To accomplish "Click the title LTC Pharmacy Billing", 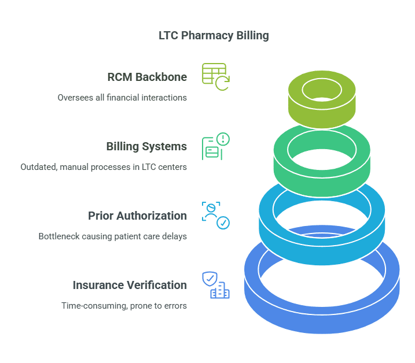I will [214, 35].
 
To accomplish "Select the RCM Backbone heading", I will [147, 77].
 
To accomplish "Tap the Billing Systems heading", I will [146, 146].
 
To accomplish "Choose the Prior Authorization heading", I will [137, 216].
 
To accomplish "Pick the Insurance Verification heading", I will [130, 285].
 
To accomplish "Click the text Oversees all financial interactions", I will [122, 98].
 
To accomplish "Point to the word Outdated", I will [39, 167].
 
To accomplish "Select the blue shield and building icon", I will [215, 285].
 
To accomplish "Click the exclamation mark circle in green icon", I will [223, 139].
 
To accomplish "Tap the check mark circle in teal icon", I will [223, 223].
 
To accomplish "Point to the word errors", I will [174, 306].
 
